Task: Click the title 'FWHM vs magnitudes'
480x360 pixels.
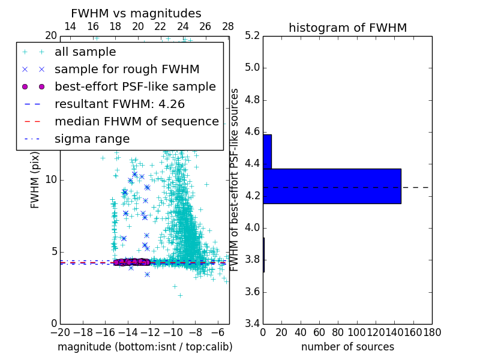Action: pyautogui.click(x=136, y=13)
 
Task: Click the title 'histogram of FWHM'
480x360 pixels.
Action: pyautogui.click(x=347, y=28)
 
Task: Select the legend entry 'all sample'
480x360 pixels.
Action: pyautogui.click(x=85, y=52)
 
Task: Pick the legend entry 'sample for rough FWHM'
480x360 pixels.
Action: pyautogui.click(x=127, y=70)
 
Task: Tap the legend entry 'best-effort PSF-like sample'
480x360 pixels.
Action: pyautogui.click(x=135, y=87)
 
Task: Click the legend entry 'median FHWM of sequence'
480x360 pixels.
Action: pyautogui.click(x=136, y=122)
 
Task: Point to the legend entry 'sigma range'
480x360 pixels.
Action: pyautogui.click(x=92, y=139)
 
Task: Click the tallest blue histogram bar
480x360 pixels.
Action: pyautogui.click(x=332, y=186)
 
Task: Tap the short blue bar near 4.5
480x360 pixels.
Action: pyautogui.click(x=267, y=152)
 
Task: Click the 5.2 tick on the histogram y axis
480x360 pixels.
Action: pyautogui.click(x=252, y=35)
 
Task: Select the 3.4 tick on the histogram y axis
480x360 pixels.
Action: pyautogui.click(x=252, y=324)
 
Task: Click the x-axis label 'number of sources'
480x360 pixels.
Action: pyautogui.click(x=347, y=347)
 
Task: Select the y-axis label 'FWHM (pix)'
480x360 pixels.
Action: pyautogui.click(x=35, y=180)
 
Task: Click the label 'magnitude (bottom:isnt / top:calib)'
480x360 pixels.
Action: pyautogui.click(x=145, y=347)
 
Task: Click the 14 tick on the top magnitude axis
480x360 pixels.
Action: pyautogui.click(x=70, y=26)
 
